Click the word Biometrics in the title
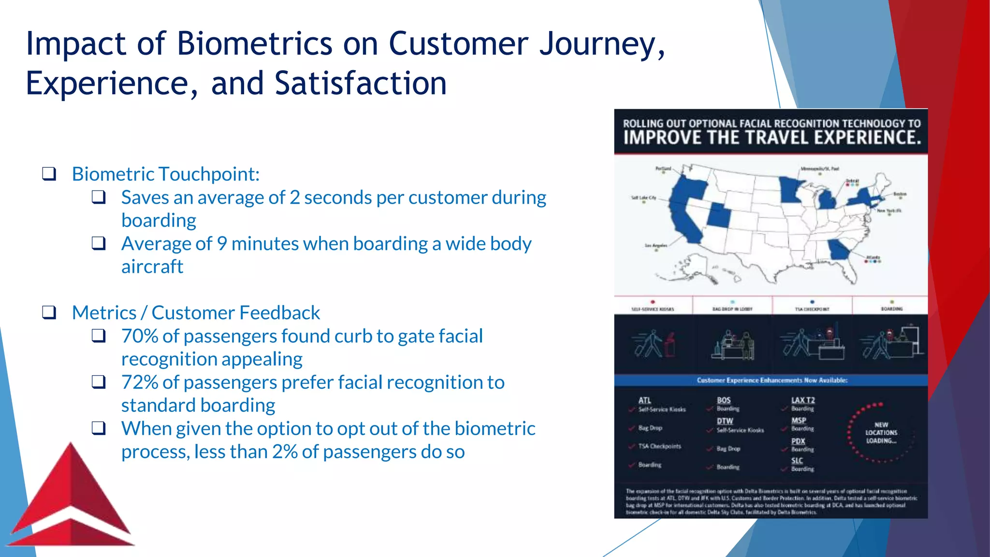(x=254, y=44)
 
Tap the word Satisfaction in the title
(x=361, y=83)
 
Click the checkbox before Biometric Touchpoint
(x=49, y=174)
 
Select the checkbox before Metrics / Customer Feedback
(x=49, y=312)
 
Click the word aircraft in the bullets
(x=152, y=267)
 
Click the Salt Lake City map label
(x=643, y=198)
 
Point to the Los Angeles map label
(x=655, y=246)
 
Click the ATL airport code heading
(x=644, y=400)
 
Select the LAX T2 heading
(x=803, y=400)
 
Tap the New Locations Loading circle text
(x=881, y=433)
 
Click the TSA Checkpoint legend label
(x=812, y=309)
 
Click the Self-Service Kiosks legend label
(x=653, y=309)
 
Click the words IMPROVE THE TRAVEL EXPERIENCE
(x=772, y=138)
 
